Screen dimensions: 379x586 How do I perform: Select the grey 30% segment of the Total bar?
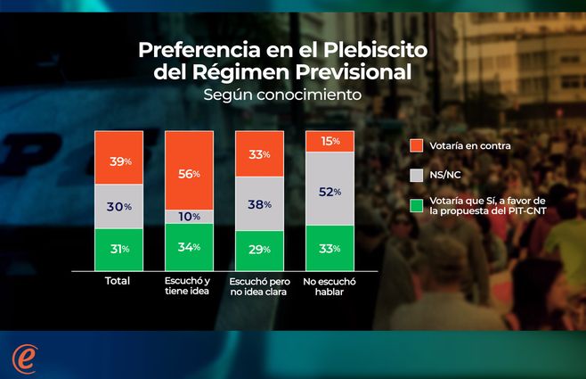[x=119, y=206]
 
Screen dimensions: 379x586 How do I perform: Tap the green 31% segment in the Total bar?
[x=119, y=249]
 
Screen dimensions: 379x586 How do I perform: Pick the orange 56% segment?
[x=189, y=170]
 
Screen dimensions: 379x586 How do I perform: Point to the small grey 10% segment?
[x=189, y=217]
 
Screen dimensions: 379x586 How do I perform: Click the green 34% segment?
[x=189, y=246]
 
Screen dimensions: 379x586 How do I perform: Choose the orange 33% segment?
[x=259, y=152]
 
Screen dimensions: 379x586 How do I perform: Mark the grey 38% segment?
[x=259, y=203]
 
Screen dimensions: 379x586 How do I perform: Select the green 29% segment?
[x=259, y=250]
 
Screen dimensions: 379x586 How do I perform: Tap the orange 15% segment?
[x=330, y=141]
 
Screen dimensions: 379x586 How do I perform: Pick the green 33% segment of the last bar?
[x=330, y=247]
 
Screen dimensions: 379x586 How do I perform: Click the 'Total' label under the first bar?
[x=116, y=281]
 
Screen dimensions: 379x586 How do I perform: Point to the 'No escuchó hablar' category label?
[x=330, y=286]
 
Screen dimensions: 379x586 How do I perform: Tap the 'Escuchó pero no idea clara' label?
[x=259, y=286]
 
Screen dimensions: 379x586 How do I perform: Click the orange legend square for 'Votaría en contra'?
[x=416, y=144]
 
